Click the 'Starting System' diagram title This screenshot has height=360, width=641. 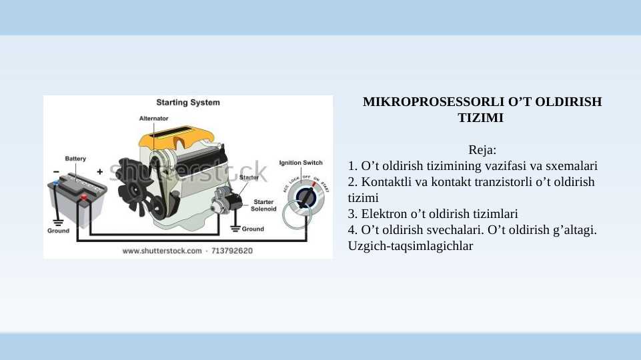click(x=187, y=103)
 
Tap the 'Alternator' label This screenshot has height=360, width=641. click(x=153, y=118)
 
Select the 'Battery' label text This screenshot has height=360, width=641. click(x=75, y=159)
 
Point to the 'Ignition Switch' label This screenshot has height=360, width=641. click(x=300, y=163)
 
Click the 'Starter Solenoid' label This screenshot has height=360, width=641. click(x=263, y=205)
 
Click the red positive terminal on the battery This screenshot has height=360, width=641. click(x=83, y=197)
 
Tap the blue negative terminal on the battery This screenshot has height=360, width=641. click(x=56, y=183)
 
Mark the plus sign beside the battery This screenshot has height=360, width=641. click(x=100, y=171)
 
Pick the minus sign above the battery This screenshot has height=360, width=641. click(x=55, y=171)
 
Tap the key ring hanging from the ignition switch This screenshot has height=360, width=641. click(x=295, y=215)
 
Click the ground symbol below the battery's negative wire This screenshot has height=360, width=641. click(x=58, y=221)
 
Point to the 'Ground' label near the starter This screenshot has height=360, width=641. click(x=253, y=229)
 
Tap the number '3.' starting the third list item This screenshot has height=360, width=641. click(x=353, y=214)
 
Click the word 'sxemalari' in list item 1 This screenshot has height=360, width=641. click(x=573, y=165)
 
